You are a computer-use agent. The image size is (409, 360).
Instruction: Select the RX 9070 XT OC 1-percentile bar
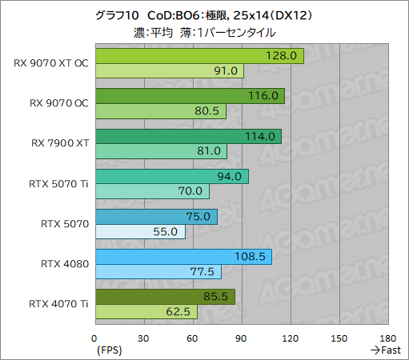(x=169, y=71)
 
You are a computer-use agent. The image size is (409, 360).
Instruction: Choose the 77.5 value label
(x=204, y=271)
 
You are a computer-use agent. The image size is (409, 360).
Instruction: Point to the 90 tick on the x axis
(x=241, y=337)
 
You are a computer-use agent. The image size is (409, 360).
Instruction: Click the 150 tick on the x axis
(x=339, y=337)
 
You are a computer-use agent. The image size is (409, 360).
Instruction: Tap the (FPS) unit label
(x=110, y=350)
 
